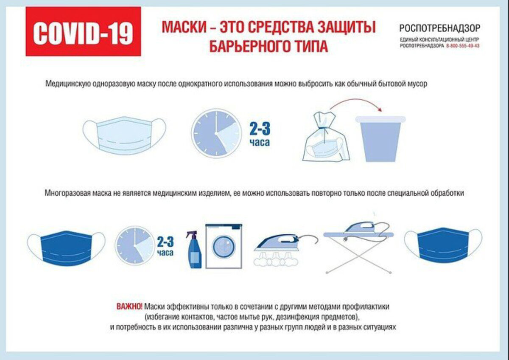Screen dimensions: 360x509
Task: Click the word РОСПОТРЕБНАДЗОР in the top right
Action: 439,28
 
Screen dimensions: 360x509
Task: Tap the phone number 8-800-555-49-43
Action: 463,46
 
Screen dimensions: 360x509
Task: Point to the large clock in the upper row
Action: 216,133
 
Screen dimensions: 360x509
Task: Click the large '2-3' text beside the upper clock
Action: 260,129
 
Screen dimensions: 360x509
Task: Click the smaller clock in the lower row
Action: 134,247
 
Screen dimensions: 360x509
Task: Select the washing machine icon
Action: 224,246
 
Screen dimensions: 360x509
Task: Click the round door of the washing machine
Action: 224,250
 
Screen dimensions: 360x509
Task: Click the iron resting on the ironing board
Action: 361,229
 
